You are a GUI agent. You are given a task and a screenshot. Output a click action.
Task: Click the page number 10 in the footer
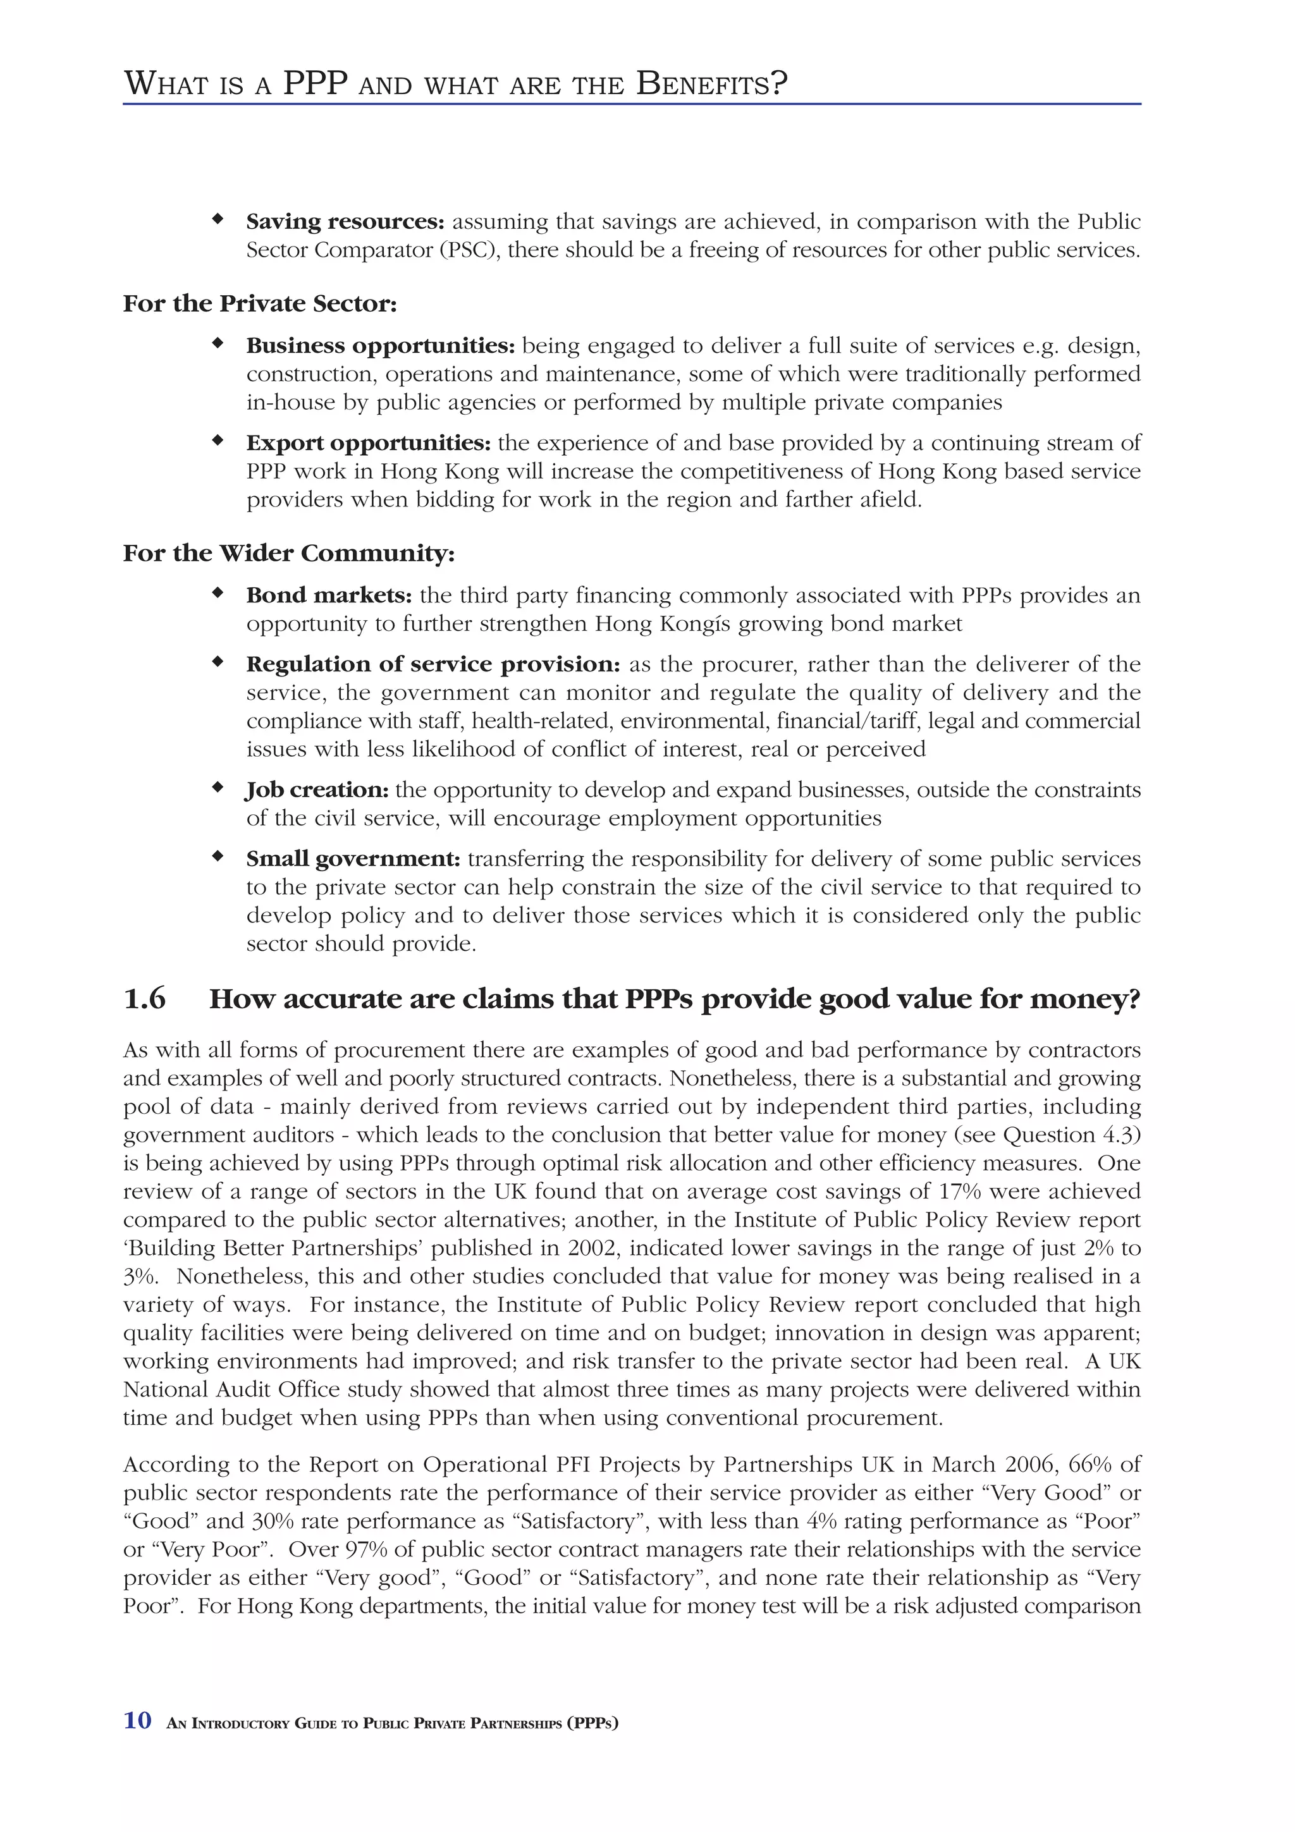tap(137, 1720)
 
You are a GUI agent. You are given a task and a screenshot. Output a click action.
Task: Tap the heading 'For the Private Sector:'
tap(260, 304)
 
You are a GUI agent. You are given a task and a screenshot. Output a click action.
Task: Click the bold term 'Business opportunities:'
tap(381, 346)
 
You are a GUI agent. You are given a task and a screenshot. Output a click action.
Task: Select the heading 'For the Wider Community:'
tap(289, 553)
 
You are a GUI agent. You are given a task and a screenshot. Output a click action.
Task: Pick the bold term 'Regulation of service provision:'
tap(433, 664)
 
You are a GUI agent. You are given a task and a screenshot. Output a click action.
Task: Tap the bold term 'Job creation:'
tap(317, 790)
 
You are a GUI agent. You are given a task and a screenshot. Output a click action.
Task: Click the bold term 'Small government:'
tap(353, 858)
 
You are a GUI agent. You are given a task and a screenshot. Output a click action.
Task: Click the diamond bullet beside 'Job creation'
tap(216, 788)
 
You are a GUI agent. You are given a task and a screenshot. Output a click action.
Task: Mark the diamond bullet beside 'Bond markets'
tap(216, 593)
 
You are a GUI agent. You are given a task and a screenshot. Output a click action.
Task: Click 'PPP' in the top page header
tap(316, 83)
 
